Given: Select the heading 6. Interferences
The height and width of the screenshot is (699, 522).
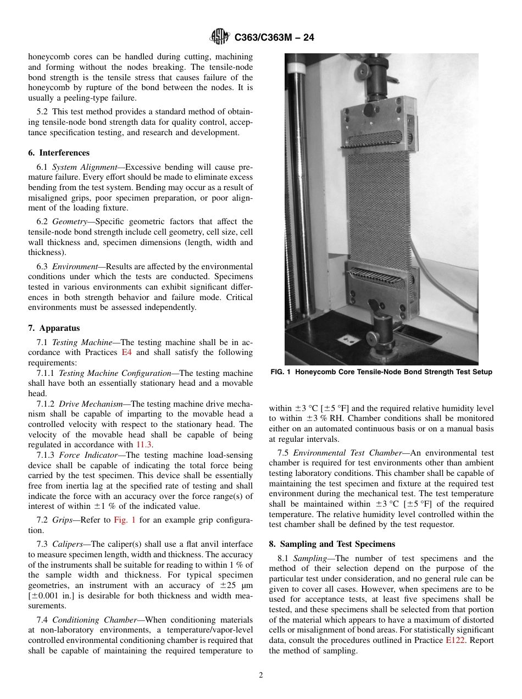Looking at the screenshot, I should (59, 153).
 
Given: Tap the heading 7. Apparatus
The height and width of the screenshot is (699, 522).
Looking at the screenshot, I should (54, 328).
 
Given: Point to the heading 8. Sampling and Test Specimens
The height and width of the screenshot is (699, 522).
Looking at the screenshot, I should (332, 544).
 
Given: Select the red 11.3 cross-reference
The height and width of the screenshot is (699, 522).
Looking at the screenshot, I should (145, 444).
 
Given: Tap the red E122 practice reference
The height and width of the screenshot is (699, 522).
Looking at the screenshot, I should (453, 640).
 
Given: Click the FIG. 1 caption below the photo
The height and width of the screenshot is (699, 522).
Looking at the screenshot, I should (381, 372).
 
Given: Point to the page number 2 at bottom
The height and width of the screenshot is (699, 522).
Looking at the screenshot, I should (261, 675).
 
